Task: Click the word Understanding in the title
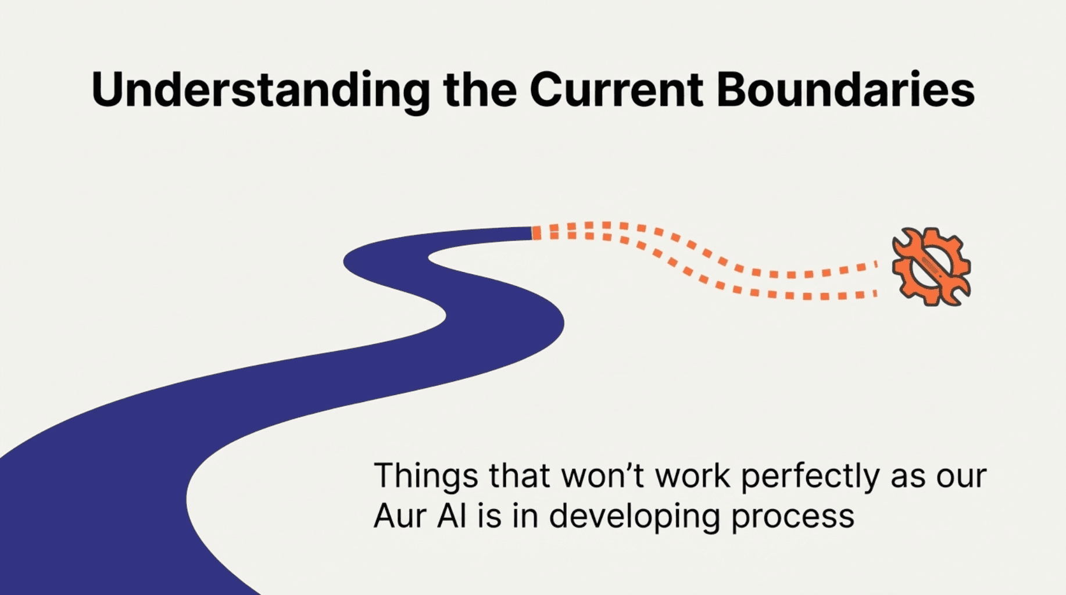(x=261, y=91)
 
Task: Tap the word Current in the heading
(x=617, y=89)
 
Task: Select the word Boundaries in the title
(x=846, y=89)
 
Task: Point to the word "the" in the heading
(x=480, y=89)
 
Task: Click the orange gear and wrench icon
(x=931, y=267)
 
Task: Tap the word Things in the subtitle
(x=425, y=477)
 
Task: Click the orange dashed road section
(x=703, y=260)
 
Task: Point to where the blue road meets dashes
(x=532, y=233)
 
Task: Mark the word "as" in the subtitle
(x=907, y=478)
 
